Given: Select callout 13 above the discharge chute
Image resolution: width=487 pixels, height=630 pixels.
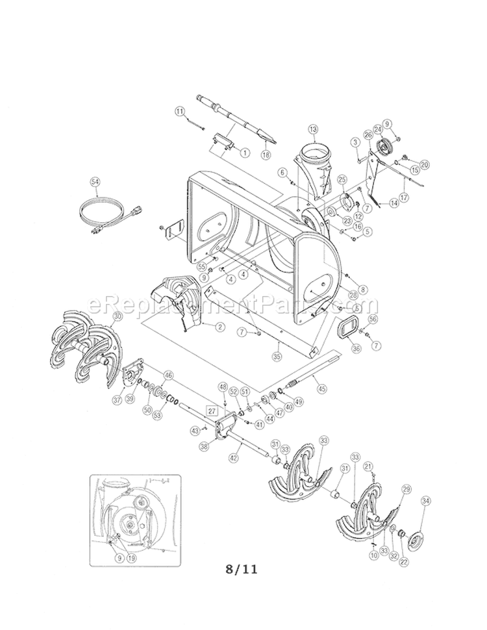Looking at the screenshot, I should tap(314, 129).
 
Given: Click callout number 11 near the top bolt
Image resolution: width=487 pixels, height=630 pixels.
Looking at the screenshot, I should tap(180, 112).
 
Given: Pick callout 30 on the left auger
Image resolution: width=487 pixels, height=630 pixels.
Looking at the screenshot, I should tap(117, 316).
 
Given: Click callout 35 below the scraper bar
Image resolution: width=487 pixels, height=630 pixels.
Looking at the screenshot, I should tap(277, 356).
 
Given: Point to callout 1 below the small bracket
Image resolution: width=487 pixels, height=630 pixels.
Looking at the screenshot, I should tap(245, 153).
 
